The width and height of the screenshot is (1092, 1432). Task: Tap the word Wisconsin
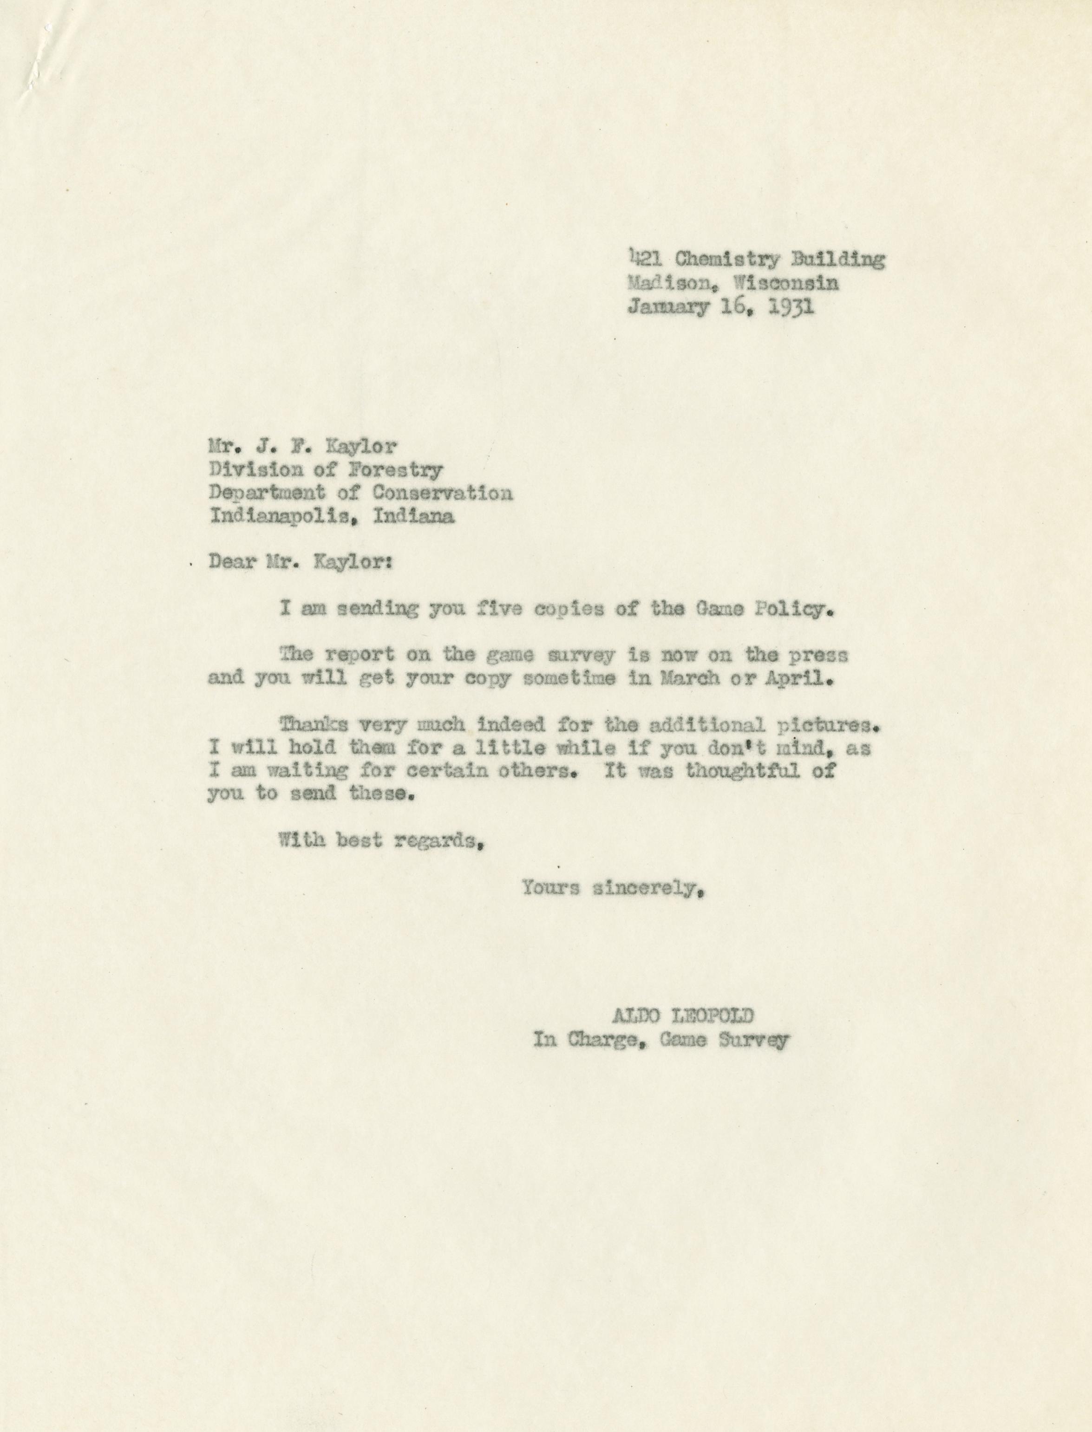click(x=785, y=283)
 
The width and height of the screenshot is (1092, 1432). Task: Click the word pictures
click(x=824, y=724)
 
